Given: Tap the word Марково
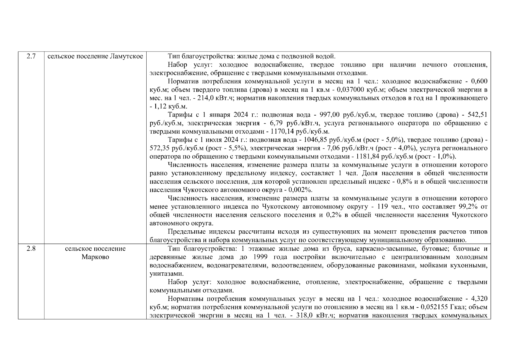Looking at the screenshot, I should [x=95, y=257].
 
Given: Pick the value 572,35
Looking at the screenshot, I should [x=160, y=148].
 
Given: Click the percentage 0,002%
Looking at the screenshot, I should [x=301, y=190].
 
